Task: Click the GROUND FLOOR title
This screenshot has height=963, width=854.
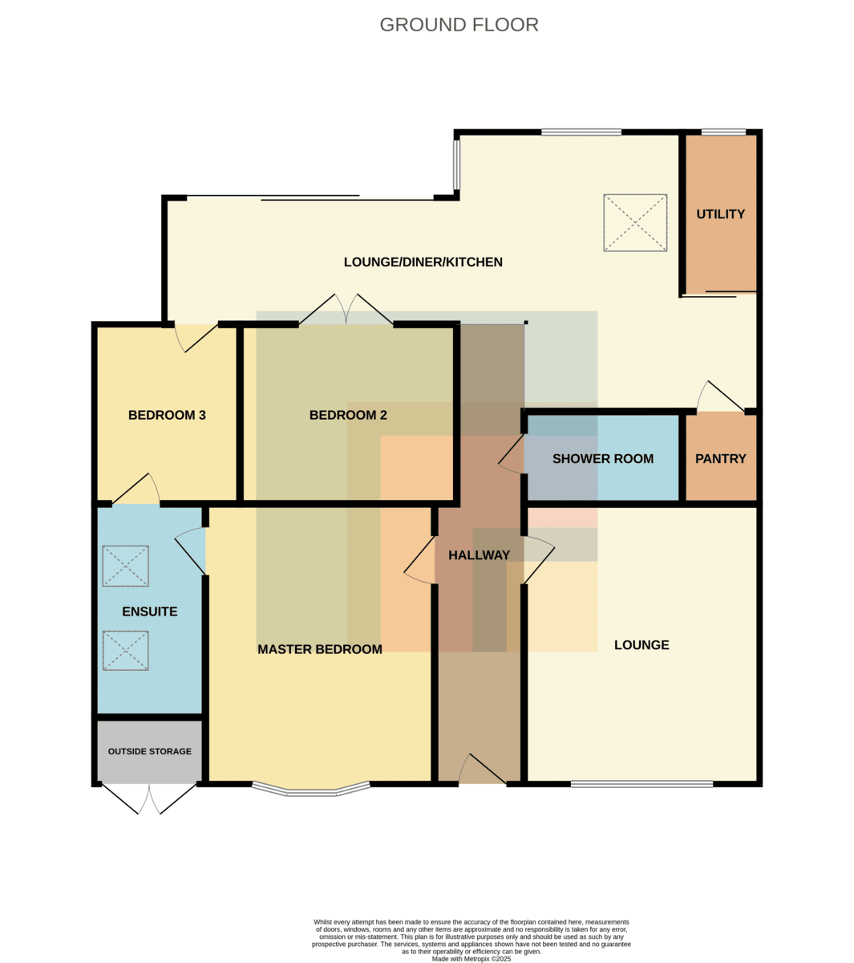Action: coord(459,25)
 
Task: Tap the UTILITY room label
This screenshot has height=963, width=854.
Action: coord(720,214)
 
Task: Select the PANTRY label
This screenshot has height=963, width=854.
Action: coord(720,459)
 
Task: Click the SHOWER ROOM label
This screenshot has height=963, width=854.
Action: coord(602,459)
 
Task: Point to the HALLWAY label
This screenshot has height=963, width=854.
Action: coord(479,555)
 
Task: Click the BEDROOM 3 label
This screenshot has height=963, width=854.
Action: coord(167,415)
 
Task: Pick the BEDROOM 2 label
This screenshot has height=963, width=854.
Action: coord(348,415)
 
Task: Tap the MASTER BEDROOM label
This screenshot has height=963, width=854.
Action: coord(320,649)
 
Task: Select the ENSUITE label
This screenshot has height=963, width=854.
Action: coord(150,612)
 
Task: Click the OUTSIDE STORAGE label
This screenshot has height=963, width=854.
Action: coord(150,751)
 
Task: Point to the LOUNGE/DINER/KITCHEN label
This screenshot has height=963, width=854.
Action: coord(423,262)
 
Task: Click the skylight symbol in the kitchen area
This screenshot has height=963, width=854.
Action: coord(635,222)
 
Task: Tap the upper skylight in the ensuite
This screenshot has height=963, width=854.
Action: coord(125,566)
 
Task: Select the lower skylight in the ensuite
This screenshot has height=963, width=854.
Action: coord(125,650)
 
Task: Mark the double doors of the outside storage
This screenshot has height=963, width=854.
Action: coord(149,800)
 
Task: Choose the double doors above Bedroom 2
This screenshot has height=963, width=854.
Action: coord(346,309)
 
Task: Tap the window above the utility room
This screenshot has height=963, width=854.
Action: coord(723,132)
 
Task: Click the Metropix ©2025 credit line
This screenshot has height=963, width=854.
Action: coord(472,959)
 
